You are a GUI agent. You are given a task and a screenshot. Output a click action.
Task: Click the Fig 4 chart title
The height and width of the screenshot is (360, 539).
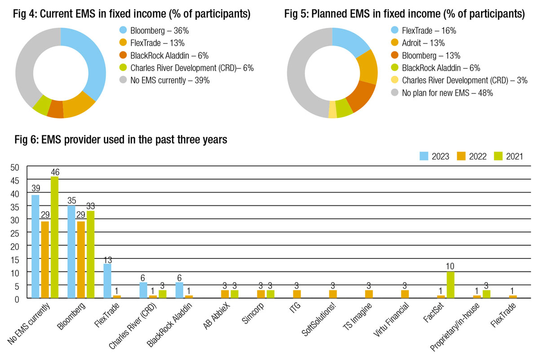[x=133, y=14]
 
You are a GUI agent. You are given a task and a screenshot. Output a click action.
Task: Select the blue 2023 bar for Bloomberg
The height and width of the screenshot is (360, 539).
[x=71, y=252]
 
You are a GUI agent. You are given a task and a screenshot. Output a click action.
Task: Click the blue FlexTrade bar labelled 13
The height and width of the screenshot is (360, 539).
[x=107, y=280]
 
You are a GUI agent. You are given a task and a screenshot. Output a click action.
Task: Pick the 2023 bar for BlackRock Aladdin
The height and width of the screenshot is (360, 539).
[x=179, y=290]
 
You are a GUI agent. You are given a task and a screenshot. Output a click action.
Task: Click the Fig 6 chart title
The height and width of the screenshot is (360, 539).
[x=121, y=140]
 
